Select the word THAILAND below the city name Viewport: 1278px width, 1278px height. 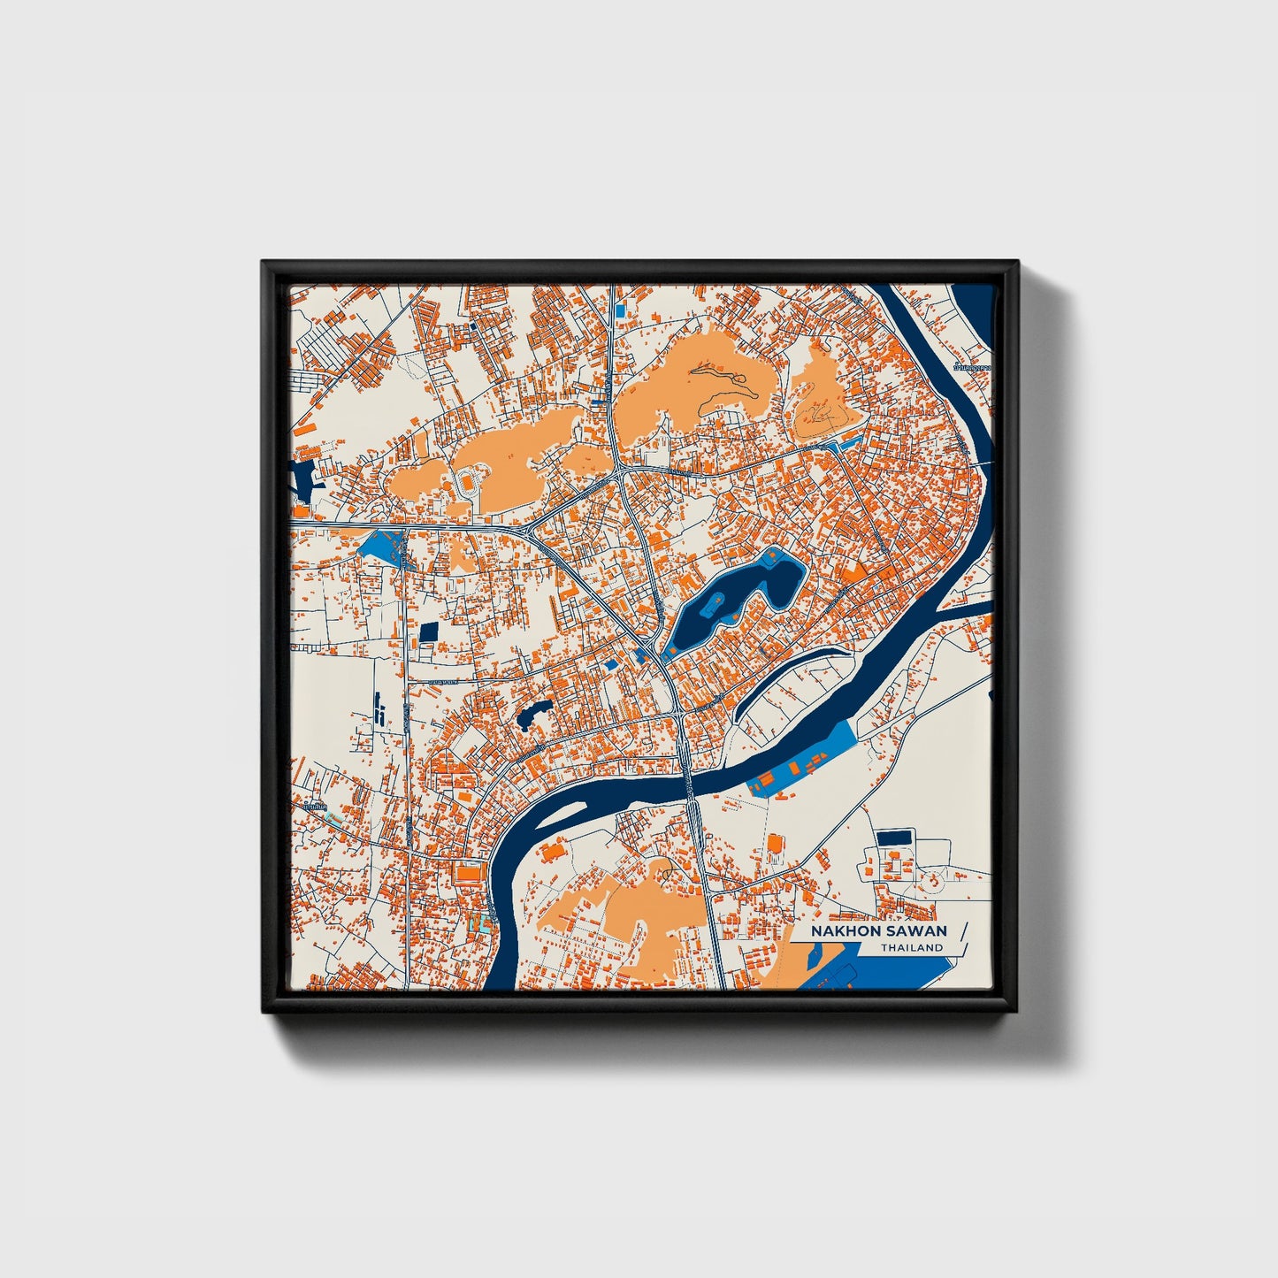911,948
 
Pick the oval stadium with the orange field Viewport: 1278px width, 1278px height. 467,483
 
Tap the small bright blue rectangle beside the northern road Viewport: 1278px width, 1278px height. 620,311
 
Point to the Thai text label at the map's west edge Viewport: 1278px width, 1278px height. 313,807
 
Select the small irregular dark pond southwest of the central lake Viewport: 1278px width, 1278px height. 533,712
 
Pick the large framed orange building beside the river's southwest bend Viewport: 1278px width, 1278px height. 467,873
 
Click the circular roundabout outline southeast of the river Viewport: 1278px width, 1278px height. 931,880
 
